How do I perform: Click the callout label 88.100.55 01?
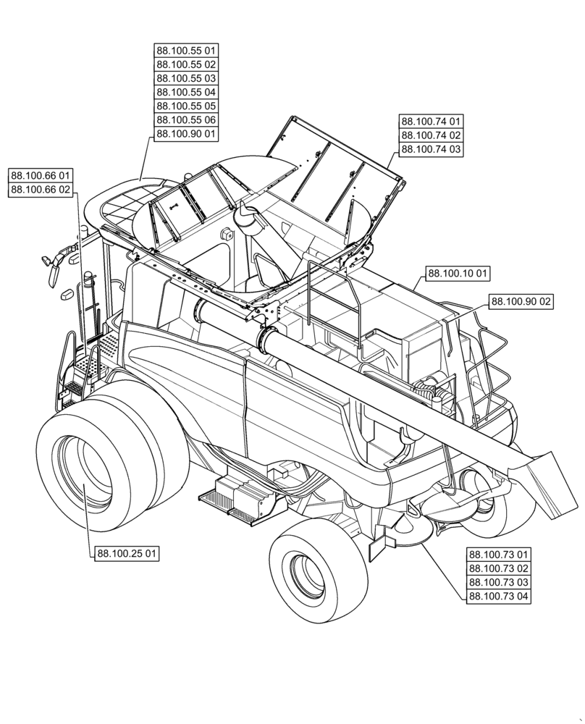coord(186,51)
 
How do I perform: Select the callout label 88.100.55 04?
coord(186,92)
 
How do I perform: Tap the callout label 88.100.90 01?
coord(186,134)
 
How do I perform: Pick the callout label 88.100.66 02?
coord(41,190)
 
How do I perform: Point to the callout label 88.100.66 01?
coord(41,176)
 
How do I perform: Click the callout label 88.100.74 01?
coord(431,122)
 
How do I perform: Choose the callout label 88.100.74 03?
coord(431,149)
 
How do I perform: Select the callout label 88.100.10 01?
coord(458,274)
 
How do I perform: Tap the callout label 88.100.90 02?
coord(521,301)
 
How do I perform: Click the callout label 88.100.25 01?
coord(127,554)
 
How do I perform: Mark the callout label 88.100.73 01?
coord(499,555)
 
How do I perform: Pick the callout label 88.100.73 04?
coord(499,597)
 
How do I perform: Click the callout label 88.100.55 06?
coord(186,120)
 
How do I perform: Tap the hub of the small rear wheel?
coord(308,573)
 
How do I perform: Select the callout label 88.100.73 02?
coord(499,569)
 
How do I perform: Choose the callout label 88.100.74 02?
coord(431,135)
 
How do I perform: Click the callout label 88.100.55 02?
coord(186,64)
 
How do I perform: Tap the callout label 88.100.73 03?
coord(499,583)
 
